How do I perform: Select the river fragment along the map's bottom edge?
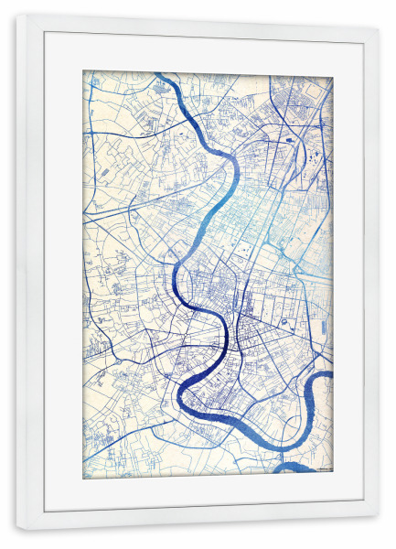click(x=298, y=468)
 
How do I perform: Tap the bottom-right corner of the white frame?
click(x=379, y=531)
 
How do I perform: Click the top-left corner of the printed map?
click(x=83, y=71)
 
